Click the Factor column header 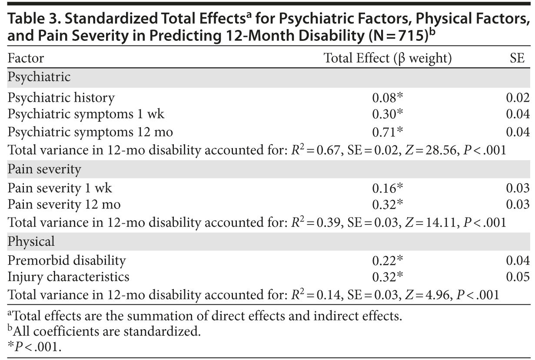[x=26, y=58]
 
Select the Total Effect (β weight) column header [x=388, y=58]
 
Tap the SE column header [x=517, y=58]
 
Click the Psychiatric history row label [x=61, y=98]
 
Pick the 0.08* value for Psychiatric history [x=388, y=98]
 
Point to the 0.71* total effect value [x=388, y=132]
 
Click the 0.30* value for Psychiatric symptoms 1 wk [x=388, y=115]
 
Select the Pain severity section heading [x=44, y=169]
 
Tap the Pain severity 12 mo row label [x=64, y=204]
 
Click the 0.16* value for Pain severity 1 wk [x=388, y=188]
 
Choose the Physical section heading [x=31, y=242]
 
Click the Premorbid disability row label [x=67, y=261]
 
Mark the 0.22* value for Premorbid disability [x=388, y=261]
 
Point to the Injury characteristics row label [x=69, y=277]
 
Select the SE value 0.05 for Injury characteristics [x=518, y=277]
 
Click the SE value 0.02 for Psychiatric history [x=518, y=98]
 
